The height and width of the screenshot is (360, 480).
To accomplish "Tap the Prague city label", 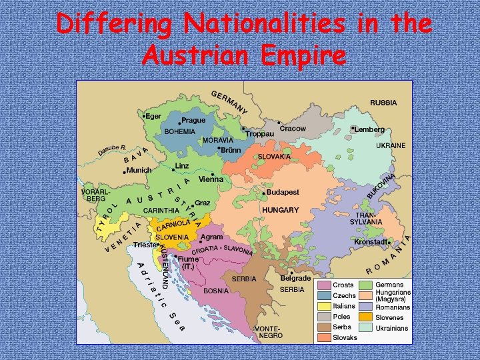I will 193,121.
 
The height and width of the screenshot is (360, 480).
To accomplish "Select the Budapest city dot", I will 264,193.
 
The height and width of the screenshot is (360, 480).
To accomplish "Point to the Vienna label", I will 211,179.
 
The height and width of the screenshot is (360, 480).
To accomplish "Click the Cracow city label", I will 293,128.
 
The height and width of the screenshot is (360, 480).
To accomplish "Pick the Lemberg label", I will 370,129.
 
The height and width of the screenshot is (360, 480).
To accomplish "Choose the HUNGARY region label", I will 281,209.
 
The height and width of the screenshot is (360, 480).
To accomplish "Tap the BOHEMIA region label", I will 180,131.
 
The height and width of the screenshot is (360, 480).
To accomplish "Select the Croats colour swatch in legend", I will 325,285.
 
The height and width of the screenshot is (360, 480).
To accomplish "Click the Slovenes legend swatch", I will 366,317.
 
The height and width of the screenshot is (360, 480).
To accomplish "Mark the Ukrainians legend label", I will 393,328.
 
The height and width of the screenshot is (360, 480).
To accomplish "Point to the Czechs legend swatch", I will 325,295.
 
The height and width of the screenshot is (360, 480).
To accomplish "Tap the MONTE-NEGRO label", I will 268,333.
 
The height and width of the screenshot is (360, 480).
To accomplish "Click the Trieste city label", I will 144,245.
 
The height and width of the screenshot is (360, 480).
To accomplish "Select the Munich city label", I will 139,170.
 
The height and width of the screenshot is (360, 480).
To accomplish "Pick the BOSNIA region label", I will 216,291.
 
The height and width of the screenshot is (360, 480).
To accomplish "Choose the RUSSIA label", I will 383,103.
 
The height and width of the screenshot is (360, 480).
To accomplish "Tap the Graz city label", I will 203,202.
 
